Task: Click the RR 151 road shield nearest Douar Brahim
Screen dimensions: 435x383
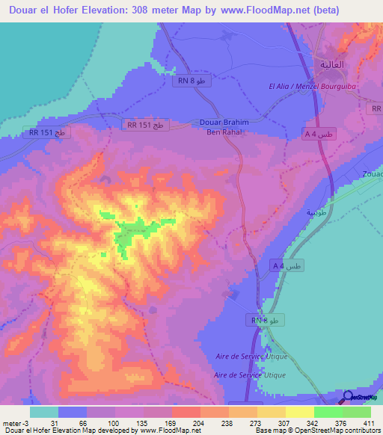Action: point(146,126)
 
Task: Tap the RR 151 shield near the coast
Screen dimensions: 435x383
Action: point(47,132)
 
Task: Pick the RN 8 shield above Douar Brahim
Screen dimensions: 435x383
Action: point(191,81)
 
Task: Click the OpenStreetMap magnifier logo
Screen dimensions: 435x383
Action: point(349,396)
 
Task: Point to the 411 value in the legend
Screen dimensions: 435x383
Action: point(369,423)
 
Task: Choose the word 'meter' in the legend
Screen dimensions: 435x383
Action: point(12,423)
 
